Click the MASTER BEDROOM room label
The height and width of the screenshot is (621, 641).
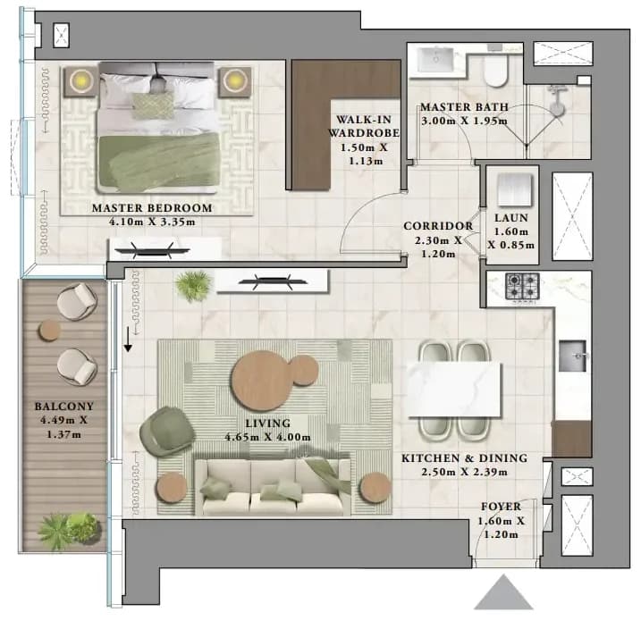click(152, 208)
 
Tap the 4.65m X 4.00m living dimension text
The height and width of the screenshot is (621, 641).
click(268, 437)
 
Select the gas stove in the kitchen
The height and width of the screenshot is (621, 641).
click(522, 287)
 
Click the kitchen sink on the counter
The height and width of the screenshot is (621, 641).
click(572, 357)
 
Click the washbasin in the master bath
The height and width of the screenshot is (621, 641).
click(435, 61)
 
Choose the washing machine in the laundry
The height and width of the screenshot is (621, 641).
click(515, 190)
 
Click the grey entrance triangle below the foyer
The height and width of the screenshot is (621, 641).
click(503, 592)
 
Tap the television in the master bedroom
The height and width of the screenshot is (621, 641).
click(152, 250)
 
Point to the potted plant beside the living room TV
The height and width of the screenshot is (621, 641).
click(193, 286)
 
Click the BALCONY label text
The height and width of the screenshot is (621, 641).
click(64, 407)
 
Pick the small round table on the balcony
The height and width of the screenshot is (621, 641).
click(49, 331)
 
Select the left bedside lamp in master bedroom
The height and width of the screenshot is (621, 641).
click(81, 81)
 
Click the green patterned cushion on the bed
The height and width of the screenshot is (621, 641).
click(152, 105)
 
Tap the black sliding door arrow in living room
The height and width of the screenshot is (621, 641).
click(128, 340)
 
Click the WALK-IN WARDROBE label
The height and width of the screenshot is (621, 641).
click(364, 126)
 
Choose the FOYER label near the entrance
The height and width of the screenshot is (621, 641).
click(502, 507)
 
